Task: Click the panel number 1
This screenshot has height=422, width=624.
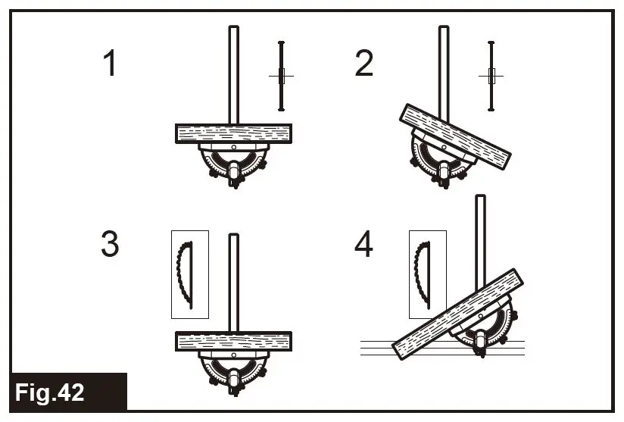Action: point(111,64)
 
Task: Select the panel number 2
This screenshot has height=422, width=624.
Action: point(363,64)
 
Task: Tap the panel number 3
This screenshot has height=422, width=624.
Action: point(111,244)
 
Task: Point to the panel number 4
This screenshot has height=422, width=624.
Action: point(364,244)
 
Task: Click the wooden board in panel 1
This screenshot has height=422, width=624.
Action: point(233,133)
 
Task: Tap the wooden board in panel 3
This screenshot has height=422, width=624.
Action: point(233,342)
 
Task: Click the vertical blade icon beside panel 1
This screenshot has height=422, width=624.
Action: point(281,76)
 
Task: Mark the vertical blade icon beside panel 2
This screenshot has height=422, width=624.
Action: point(491,76)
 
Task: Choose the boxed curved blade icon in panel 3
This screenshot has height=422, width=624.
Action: point(190,274)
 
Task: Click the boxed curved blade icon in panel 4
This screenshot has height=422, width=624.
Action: point(427,274)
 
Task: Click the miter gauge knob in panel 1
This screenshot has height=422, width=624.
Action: point(234,175)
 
